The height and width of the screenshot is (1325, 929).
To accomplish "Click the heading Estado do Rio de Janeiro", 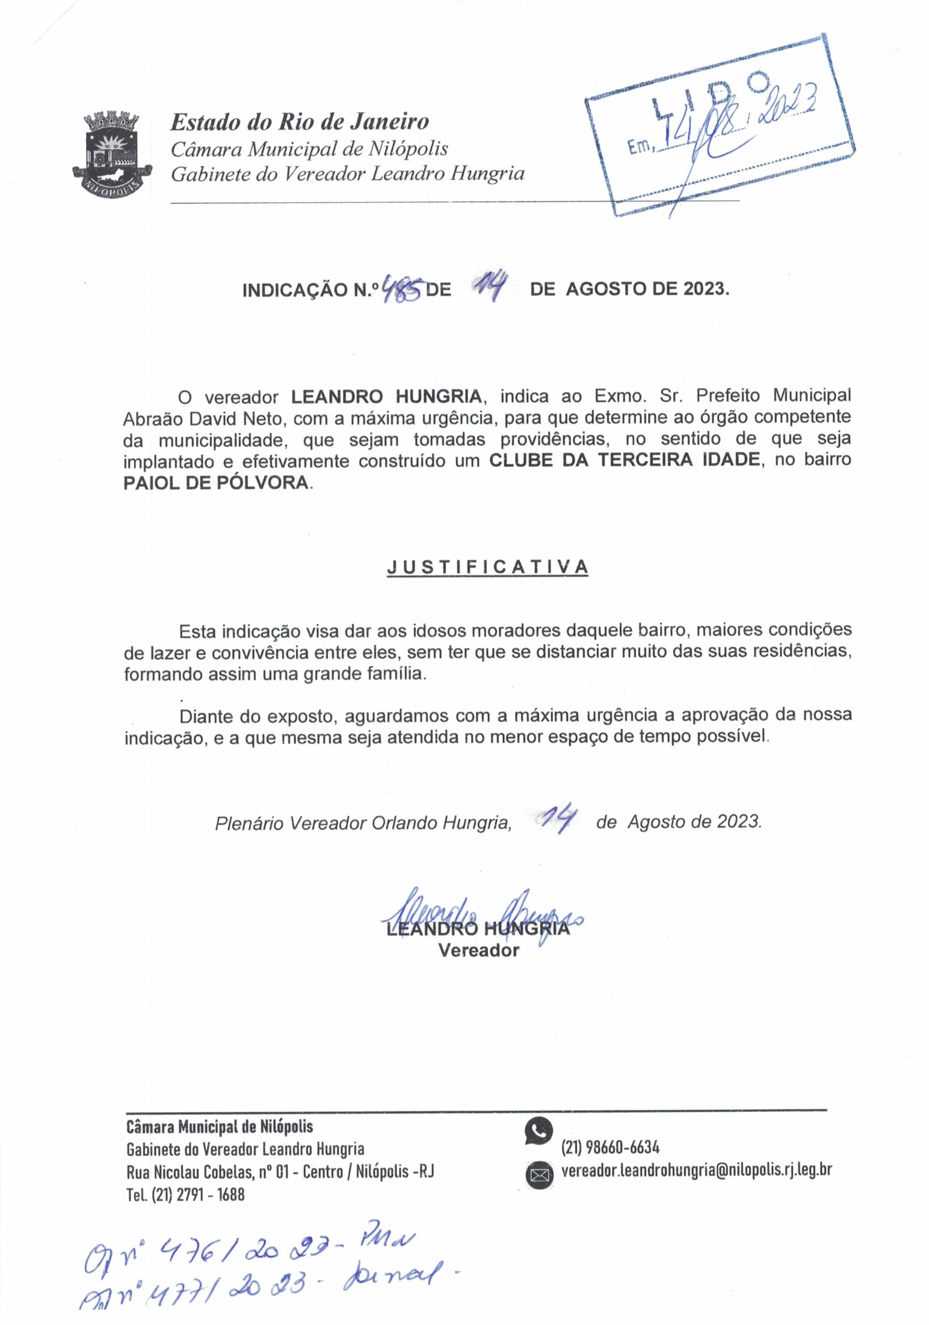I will click(x=300, y=122).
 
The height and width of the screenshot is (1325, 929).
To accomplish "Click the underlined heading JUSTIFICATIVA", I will click(x=487, y=567).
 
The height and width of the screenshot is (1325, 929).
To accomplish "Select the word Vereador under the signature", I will click(x=478, y=950).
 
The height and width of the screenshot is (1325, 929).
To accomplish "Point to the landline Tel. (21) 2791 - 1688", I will click(x=185, y=1194).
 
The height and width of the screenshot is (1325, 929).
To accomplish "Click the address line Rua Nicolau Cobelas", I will click(x=280, y=1171).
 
